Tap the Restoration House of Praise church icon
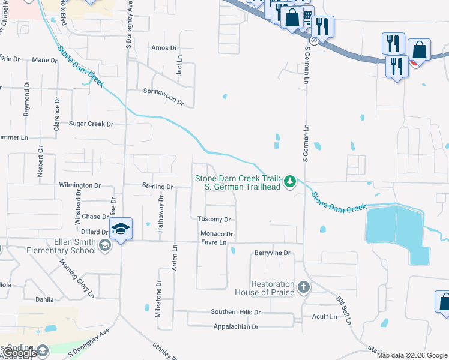pos(303,287)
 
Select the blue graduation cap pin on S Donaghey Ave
pos(121,229)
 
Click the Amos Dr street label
pos(165,48)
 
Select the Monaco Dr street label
pos(217,234)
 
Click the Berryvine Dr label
pos(272,253)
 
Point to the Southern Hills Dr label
pos(235,312)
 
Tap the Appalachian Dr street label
pos(235,327)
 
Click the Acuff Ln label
pos(324,315)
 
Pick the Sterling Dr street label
pos(157,187)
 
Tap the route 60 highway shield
pos(313,38)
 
